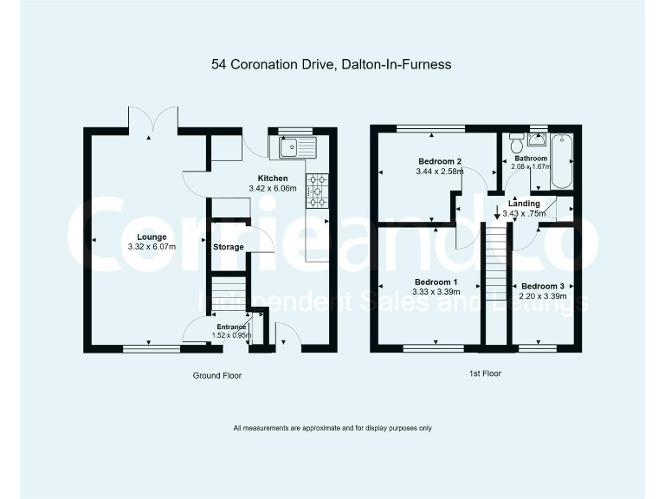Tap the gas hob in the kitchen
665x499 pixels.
pos(316,191)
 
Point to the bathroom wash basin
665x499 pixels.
pos(537,142)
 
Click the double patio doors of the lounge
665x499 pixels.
pos(153,120)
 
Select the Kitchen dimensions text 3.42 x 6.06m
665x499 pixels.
pos(273,188)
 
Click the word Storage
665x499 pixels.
pos(229,248)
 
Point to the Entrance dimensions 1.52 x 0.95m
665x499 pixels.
pos(231,334)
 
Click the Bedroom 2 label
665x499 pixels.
pos(439,161)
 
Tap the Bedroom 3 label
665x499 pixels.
pos(543,286)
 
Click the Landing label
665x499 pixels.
pos(525,204)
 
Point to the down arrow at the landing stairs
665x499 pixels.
pos(496,214)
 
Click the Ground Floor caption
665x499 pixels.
pos(216,376)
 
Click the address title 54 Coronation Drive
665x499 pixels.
pos(332,64)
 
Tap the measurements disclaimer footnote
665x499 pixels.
pos(332,428)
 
